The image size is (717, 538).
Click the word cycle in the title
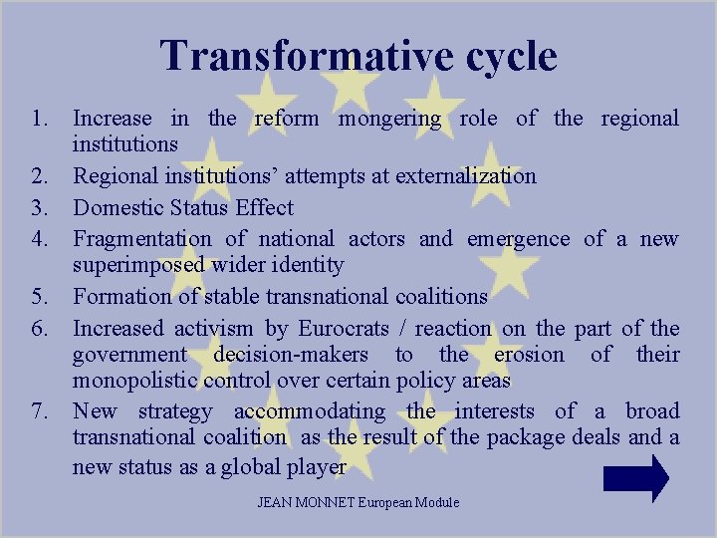click(x=503, y=58)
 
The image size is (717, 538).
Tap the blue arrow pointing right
click(x=636, y=478)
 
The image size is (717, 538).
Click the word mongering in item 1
click(x=389, y=120)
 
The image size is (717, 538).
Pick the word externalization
click(x=466, y=176)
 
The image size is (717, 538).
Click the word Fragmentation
click(x=142, y=239)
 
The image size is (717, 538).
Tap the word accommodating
click(x=310, y=411)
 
